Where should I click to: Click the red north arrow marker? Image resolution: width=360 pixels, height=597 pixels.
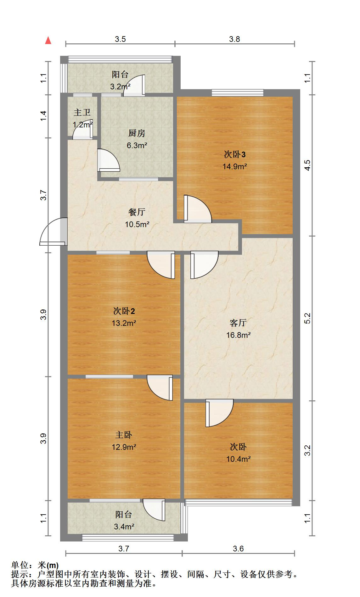click(x=48, y=41)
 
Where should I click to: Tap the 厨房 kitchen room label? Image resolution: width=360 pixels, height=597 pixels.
click(x=137, y=133)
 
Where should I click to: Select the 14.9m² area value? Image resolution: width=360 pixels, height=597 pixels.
click(x=235, y=166)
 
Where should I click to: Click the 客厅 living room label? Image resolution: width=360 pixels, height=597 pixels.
click(x=238, y=323)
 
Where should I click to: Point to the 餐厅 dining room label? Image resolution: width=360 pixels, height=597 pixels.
click(x=137, y=212)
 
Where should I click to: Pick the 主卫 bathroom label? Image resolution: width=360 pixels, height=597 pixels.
click(x=82, y=113)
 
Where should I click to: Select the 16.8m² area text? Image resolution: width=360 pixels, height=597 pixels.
click(x=238, y=335)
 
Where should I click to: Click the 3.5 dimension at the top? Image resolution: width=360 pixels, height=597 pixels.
click(x=120, y=39)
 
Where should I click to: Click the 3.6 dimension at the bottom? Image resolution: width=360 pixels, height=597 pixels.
click(x=238, y=549)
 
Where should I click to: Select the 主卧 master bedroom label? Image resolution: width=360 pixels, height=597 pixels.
click(x=124, y=435)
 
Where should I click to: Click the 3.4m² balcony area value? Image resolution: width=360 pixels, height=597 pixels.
click(x=124, y=527)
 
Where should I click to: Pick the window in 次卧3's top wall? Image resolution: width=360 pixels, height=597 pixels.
click(x=238, y=92)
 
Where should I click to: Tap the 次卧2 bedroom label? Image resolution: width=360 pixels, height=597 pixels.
click(x=124, y=311)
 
